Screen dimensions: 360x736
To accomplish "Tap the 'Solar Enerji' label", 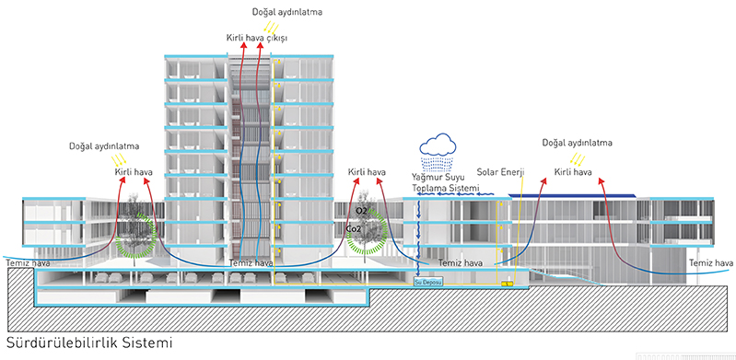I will pyautogui.click(x=500, y=172).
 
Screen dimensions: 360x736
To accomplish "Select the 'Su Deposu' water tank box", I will pyautogui.click(x=428, y=284).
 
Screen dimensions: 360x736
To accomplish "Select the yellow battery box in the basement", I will pyautogui.click(x=506, y=284).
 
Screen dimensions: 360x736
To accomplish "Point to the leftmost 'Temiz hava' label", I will pyautogui.click(x=24, y=263).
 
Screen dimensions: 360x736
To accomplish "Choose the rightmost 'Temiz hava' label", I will pyautogui.click(x=710, y=263).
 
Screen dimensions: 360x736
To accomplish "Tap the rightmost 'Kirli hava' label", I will pyautogui.click(x=573, y=172).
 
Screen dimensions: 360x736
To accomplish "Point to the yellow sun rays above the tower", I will pyautogui.click(x=274, y=29).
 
